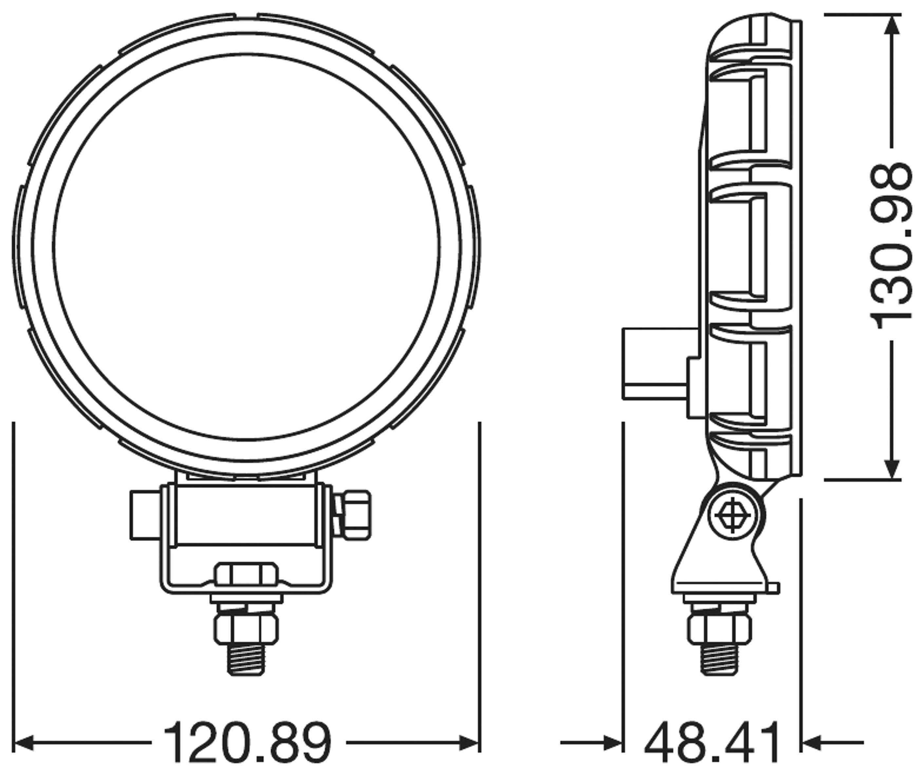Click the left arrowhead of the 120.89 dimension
click(24, 743)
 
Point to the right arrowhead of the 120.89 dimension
click(469, 743)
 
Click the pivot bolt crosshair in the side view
click(733, 516)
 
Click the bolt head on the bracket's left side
click(145, 515)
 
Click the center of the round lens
click(246, 246)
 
